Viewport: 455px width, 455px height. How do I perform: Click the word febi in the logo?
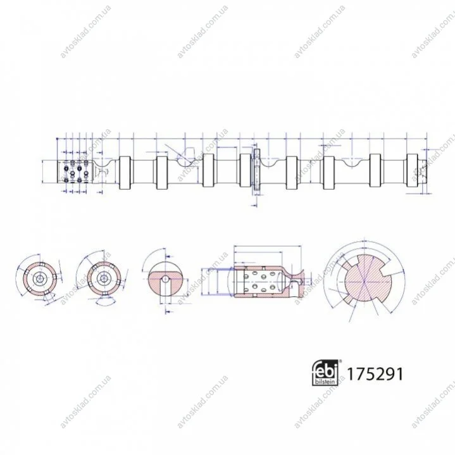click(x=325, y=370)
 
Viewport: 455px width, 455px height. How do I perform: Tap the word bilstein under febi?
click(x=325, y=382)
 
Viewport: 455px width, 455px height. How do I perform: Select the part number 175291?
click(x=375, y=374)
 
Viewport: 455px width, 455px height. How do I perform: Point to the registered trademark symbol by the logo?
click(x=340, y=361)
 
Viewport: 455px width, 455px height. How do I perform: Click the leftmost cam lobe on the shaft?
click(x=125, y=173)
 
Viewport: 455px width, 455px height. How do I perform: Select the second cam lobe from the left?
click(x=161, y=173)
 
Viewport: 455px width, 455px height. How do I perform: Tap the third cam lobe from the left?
click(x=208, y=170)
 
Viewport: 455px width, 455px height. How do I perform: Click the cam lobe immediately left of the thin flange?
click(x=246, y=170)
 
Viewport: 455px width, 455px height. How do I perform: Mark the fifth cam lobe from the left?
click(x=292, y=173)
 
